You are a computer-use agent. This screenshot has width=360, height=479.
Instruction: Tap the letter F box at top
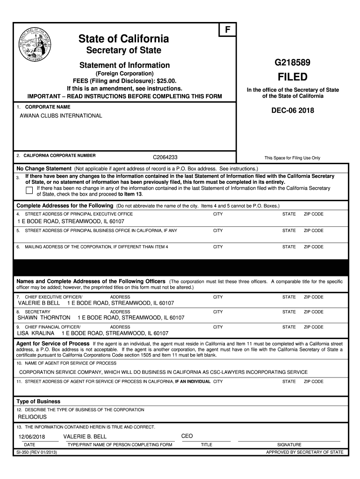click(x=228, y=29)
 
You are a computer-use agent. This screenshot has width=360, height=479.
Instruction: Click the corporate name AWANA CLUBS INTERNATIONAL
click(x=60, y=116)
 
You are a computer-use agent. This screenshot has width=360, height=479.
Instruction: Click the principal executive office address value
click(x=71, y=221)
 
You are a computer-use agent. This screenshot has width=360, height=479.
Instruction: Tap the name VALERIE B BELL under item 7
click(x=39, y=303)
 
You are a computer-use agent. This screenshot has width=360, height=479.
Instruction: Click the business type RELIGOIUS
click(x=32, y=417)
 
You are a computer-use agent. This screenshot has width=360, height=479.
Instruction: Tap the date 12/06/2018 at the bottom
click(x=30, y=436)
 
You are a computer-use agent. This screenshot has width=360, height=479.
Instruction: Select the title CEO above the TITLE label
click(x=187, y=436)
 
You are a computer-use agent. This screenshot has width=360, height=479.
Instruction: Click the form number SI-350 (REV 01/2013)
click(x=37, y=452)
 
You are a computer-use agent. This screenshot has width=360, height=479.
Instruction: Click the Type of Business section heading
click(x=38, y=401)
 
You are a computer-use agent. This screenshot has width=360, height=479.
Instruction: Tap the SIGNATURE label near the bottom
click(x=289, y=445)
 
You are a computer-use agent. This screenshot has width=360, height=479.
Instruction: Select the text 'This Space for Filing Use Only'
click(x=292, y=158)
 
